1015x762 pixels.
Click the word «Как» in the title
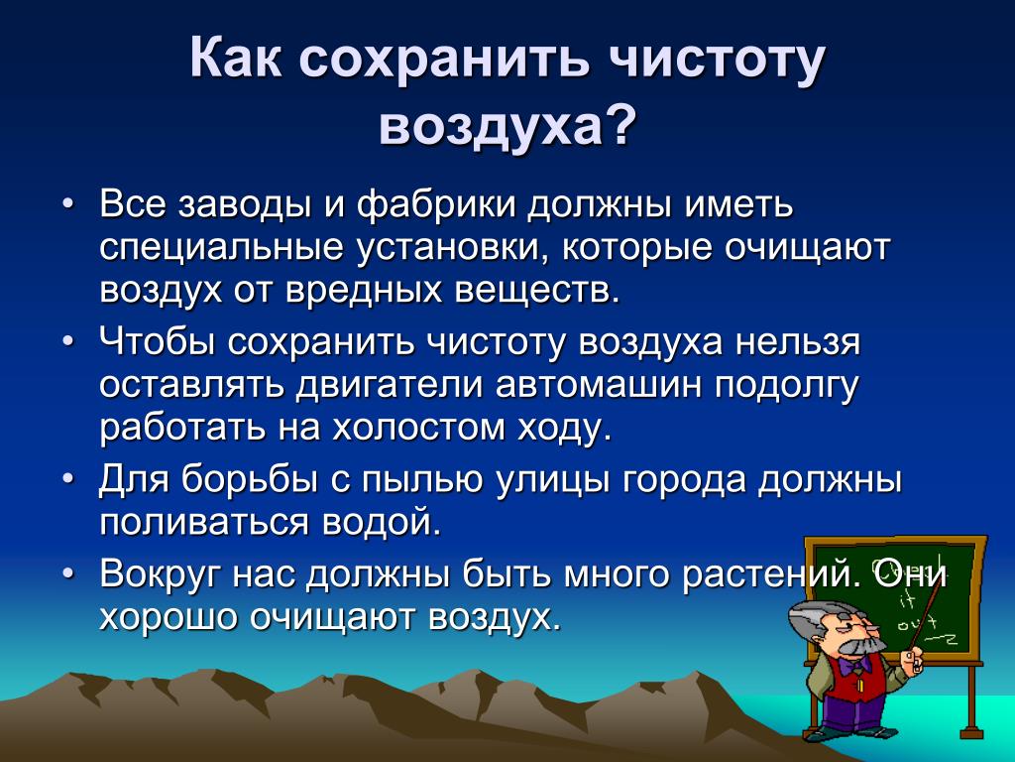coord(236,59)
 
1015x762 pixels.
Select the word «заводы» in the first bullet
coord(245,206)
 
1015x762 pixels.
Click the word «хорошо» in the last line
coord(169,617)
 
